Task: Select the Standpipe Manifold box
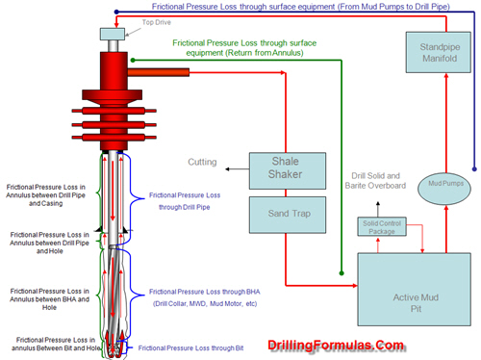(x=432, y=52)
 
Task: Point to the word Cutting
(x=201, y=162)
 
